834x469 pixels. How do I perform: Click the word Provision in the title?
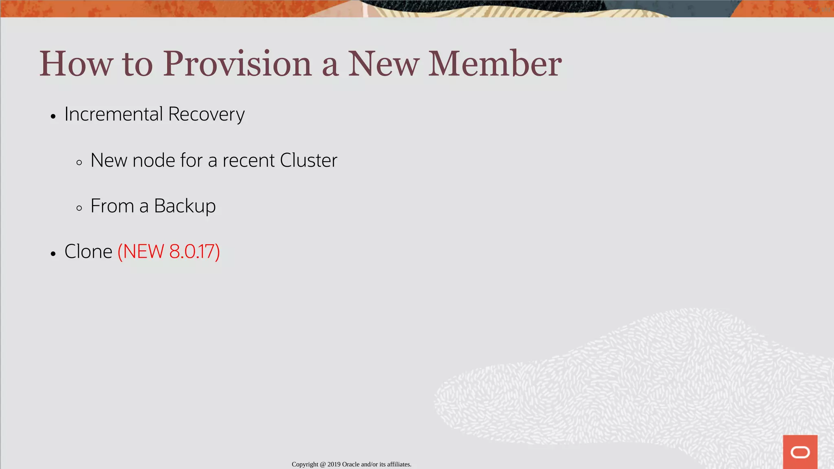[x=237, y=64]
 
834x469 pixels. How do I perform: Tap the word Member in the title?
[x=495, y=64]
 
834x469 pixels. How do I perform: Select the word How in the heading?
[x=76, y=64]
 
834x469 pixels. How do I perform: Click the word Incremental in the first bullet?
[x=114, y=114]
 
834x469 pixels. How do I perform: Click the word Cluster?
[x=308, y=160]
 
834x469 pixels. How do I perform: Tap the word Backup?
[x=184, y=206]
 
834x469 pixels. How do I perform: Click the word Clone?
[x=88, y=252]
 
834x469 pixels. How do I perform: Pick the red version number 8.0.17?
[x=194, y=252]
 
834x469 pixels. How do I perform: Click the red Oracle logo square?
[x=800, y=452]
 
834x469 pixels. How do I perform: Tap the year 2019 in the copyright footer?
[x=334, y=465]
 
